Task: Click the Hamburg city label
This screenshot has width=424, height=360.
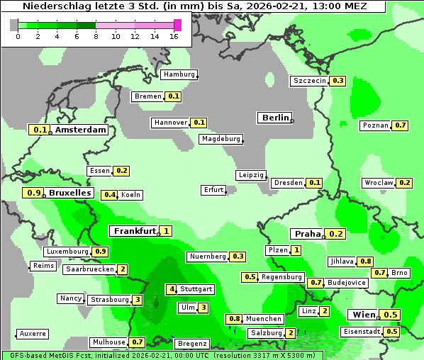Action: point(179,74)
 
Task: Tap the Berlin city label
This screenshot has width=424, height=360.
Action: point(275,118)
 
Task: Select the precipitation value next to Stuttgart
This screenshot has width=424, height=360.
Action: point(171,289)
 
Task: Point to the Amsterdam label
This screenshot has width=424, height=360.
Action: point(80,130)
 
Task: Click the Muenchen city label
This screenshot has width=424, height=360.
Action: point(264,319)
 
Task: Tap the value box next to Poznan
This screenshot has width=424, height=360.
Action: point(401,125)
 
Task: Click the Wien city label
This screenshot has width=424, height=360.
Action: point(364,315)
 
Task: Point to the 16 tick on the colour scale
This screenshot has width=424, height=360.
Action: point(174,36)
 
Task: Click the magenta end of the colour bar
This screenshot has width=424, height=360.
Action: point(177,25)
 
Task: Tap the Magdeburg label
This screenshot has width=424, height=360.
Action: point(221,139)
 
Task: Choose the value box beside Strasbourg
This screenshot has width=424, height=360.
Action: point(137,300)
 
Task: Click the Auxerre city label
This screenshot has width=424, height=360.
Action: point(33,333)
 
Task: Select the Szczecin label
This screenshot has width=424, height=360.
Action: point(310,81)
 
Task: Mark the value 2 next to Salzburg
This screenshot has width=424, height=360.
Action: point(291,333)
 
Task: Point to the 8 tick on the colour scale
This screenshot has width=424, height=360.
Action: point(95,36)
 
